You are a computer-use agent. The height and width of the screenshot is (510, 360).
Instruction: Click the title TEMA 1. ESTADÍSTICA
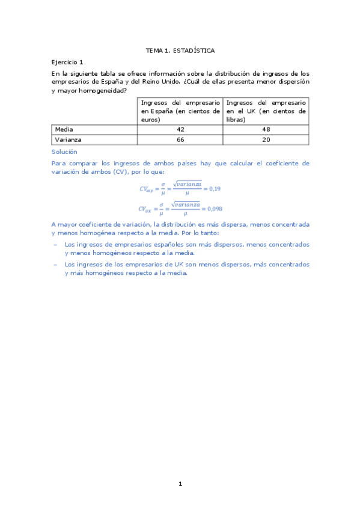(x=180, y=51)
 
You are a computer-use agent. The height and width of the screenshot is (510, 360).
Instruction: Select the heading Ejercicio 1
(x=67, y=62)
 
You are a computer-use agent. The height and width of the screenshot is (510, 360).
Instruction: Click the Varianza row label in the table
(x=68, y=140)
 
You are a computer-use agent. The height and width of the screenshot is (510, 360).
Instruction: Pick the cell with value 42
(x=180, y=129)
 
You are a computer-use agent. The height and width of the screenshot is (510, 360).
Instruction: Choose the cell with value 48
(x=266, y=129)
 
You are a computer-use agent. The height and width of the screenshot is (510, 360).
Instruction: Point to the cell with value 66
(x=180, y=140)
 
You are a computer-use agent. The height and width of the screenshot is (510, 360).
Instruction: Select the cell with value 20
(x=266, y=140)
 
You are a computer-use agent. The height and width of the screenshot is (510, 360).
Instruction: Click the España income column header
(x=180, y=111)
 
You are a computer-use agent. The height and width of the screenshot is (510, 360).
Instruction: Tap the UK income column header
(x=266, y=111)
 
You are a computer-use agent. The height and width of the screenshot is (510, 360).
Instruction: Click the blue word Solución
(x=64, y=152)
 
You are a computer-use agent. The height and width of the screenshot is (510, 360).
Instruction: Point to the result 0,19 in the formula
(x=214, y=189)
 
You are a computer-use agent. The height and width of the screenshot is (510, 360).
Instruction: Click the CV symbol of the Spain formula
(x=146, y=189)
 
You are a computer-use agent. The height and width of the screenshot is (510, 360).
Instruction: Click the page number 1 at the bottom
(x=180, y=484)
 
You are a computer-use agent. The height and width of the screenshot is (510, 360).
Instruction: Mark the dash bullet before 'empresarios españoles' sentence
(x=56, y=245)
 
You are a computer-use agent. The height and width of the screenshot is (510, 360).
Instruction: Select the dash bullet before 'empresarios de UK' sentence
(x=56, y=264)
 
